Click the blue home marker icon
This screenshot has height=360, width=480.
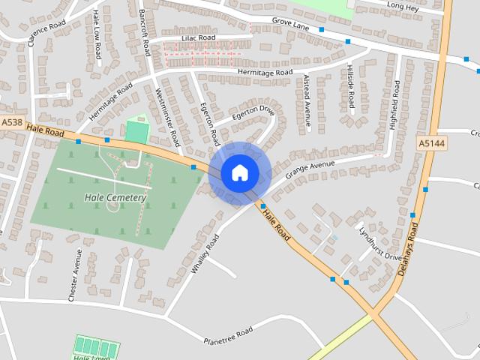coord(239,172)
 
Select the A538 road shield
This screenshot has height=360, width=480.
coord(12,122)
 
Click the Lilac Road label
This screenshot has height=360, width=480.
coord(198,37)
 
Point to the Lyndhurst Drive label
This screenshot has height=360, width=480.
coord(380,243)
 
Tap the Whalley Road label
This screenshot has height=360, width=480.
coord(204,253)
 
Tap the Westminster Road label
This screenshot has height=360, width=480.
coord(168,116)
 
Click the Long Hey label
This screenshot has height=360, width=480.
coord(403,6)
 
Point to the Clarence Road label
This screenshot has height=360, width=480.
coord(47,28)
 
